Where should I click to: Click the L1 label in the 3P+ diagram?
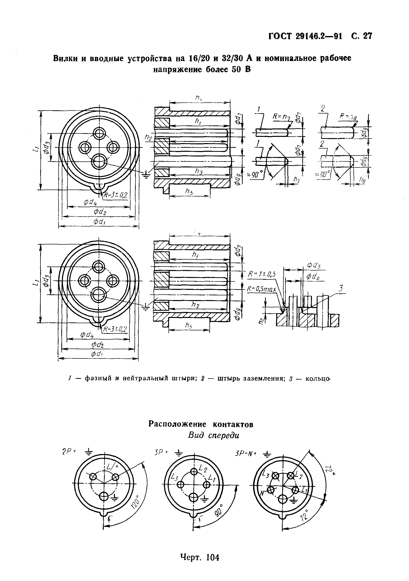pos(212,477)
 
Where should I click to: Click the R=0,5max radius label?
pos(262,288)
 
